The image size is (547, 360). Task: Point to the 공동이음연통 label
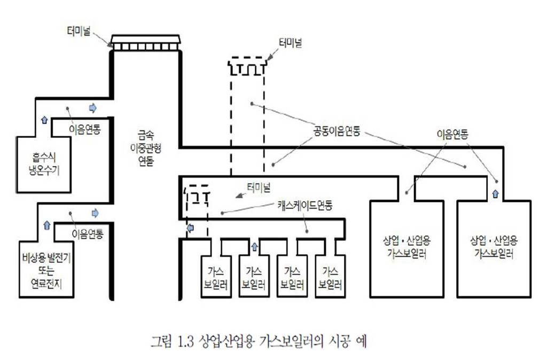tap(337, 131)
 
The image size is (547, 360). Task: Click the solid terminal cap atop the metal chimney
tap(146, 43)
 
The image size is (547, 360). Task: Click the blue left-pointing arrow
tap(190, 228)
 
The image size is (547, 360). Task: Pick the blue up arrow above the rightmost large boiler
tap(495, 193)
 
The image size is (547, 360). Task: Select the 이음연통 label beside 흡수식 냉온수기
tap(85, 128)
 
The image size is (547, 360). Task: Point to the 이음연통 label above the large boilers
tap(452, 135)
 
